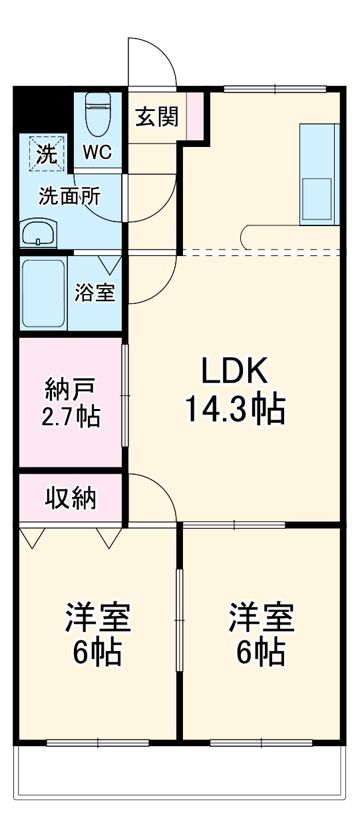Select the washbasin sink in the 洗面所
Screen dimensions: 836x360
(39, 234)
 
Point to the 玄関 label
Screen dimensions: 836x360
(157, 118)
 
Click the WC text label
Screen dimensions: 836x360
(96, 153)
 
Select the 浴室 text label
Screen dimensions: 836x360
(94, 293)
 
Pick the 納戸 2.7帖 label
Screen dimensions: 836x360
(72, 403)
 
